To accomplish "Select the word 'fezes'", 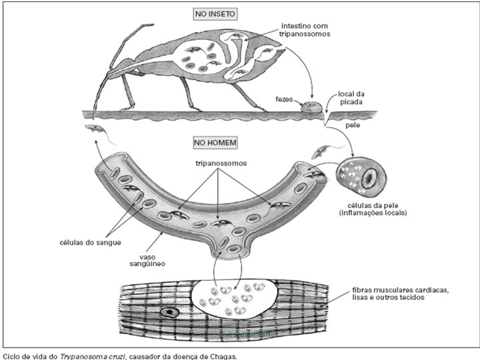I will tap(285, 99).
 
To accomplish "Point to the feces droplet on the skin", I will tap(311, 105).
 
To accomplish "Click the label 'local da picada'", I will tap(351, 99).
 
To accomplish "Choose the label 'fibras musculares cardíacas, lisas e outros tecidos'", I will tap(401, 294).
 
